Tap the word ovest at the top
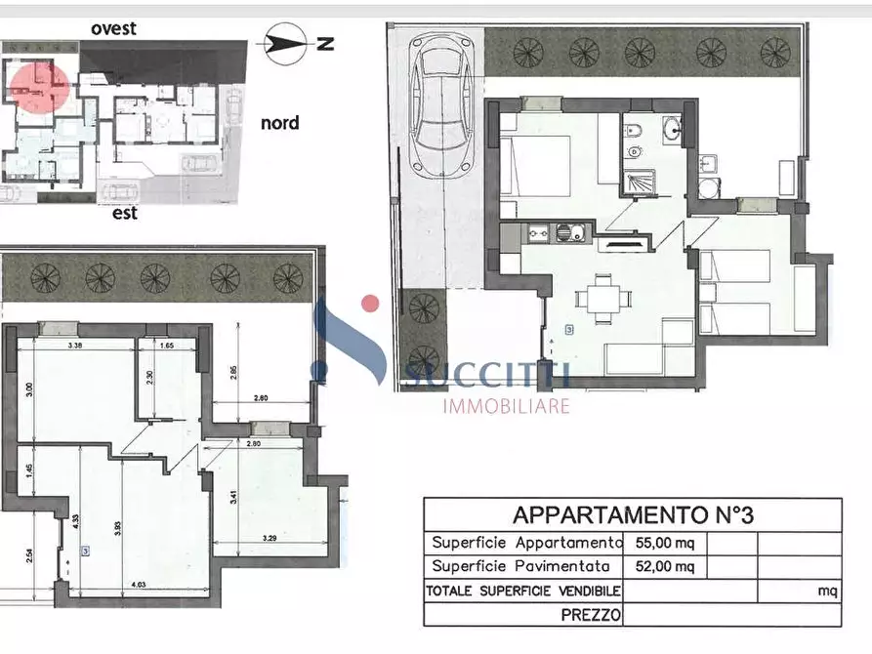point(113,27)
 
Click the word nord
point(279,123)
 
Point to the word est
point(125,212)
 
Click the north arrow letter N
point(326,43)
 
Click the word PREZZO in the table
point(592,615)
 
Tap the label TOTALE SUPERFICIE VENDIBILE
point(522,591)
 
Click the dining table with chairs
point(600,297)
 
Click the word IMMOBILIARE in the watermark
point(506,405)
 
